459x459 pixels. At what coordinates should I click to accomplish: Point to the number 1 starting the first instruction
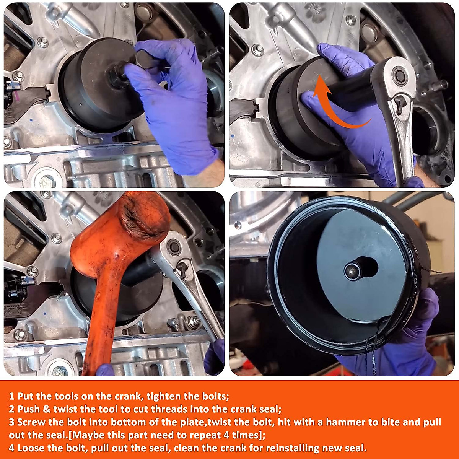click(x=11, y=396)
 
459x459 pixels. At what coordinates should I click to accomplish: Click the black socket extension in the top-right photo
click(x=352, y=92)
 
